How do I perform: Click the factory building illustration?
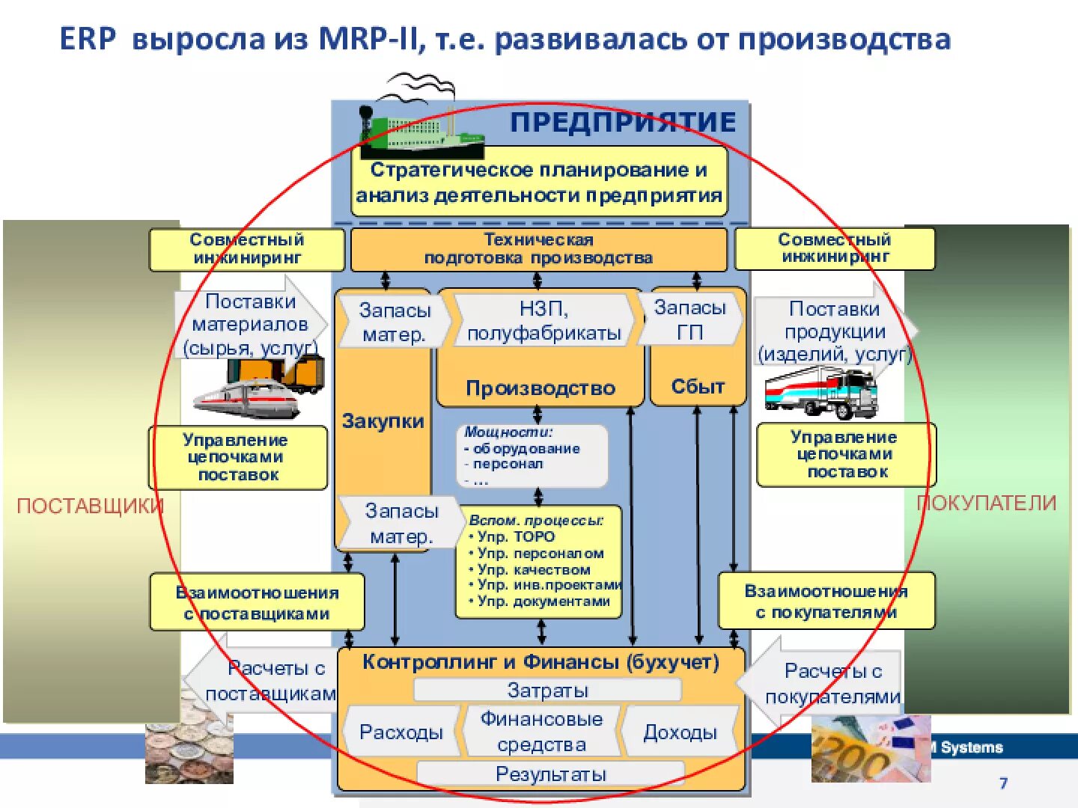coord(423,135)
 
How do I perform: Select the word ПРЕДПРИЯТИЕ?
coord(623,122)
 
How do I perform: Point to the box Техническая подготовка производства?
coord(538,249)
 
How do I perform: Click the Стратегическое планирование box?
coord(539,183)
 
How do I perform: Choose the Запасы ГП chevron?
coord(690,319)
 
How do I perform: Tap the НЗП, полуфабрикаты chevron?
coord(543,320)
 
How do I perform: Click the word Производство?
coord(540,388)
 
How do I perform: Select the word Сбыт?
coord(698,386)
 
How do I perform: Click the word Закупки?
coord(383,421)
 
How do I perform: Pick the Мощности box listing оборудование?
coord(532,456)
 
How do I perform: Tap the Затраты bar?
coord(547,690)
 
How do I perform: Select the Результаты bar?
coord(550,774)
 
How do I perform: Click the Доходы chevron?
coord(680,732)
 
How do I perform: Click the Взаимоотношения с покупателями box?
coord(826,602)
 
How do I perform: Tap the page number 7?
coord(1003,783)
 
